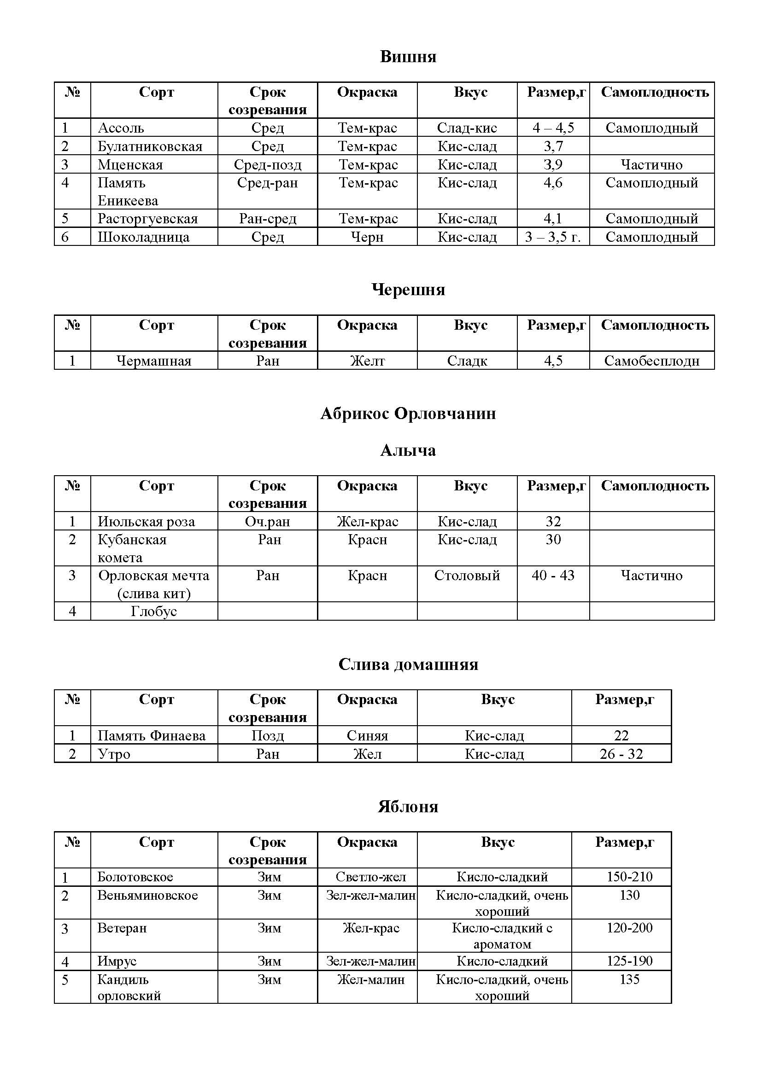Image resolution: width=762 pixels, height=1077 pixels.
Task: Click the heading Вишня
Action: (x=408, y=57)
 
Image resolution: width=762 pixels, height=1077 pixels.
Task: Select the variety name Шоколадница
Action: (x=144, y=237)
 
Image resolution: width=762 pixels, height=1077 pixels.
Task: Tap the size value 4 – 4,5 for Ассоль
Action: (x=553, y=128)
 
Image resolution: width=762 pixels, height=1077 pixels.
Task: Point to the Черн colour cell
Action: (x=367, y=237)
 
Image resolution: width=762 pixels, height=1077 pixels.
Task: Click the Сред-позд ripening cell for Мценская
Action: (x=268, y=165)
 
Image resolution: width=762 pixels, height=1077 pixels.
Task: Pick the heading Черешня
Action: (x=408, y=290)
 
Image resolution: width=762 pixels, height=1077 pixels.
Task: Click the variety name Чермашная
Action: (x=153, y=361)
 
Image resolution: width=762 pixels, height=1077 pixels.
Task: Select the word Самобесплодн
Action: (x=651, y=361)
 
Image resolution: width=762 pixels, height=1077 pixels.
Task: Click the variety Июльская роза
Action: (x=146, y=522)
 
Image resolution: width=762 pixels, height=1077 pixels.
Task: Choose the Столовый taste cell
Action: (x=467, y=576)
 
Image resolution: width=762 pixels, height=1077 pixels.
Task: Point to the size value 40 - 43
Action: (x=553, y=576)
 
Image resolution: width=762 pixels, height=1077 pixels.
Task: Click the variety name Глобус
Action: (x=153, y=611)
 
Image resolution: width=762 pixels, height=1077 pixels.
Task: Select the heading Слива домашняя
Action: (x=408, y=664)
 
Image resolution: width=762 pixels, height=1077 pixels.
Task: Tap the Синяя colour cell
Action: (x=367, y=735)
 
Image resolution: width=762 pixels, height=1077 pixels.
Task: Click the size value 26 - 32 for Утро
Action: (x=621, y=754)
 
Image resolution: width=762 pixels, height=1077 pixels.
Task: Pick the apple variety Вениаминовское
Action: (x=147, y=896)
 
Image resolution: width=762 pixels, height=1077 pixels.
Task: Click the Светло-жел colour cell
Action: (x=371, y=877)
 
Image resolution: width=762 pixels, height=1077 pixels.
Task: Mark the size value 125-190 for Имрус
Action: (x=629, y=961)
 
